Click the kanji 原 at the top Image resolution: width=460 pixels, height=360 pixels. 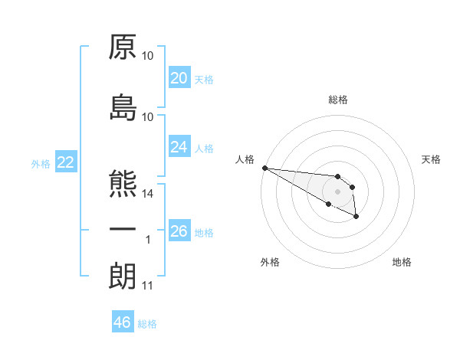coord(123,47)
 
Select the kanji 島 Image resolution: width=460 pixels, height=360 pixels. coord(123,109)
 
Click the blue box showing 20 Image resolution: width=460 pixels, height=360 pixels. coord(179,78)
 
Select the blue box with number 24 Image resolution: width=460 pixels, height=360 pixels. coord(179,147)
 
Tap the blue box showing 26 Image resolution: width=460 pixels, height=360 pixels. coord(179,231)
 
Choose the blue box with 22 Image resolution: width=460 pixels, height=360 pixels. coord(65,162)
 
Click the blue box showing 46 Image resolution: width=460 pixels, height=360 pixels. coord(123,322)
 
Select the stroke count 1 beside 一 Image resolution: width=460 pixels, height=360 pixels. coord(148,241)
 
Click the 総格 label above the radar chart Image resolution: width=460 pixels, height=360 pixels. coord(338,100)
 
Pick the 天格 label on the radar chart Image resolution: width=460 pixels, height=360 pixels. coord(431,159)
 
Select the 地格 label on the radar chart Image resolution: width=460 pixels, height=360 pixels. coord(402,262)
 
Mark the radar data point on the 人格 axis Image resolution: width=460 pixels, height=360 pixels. coord(264,168)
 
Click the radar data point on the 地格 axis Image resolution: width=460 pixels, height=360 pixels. coord(356,217)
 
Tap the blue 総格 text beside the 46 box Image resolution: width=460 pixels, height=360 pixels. coord(147,324)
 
